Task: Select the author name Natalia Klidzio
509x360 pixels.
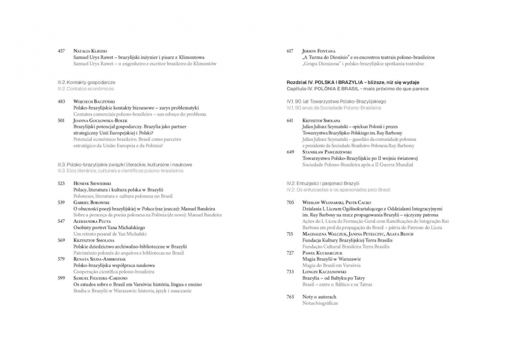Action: (90, 51)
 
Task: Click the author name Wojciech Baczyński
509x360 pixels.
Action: (95, 101)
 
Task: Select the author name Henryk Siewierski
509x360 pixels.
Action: (92, 183)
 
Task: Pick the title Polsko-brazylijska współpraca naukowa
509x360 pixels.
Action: (114, 265)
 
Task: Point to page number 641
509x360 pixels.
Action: (290, 120)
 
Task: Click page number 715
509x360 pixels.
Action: (290, 234)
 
